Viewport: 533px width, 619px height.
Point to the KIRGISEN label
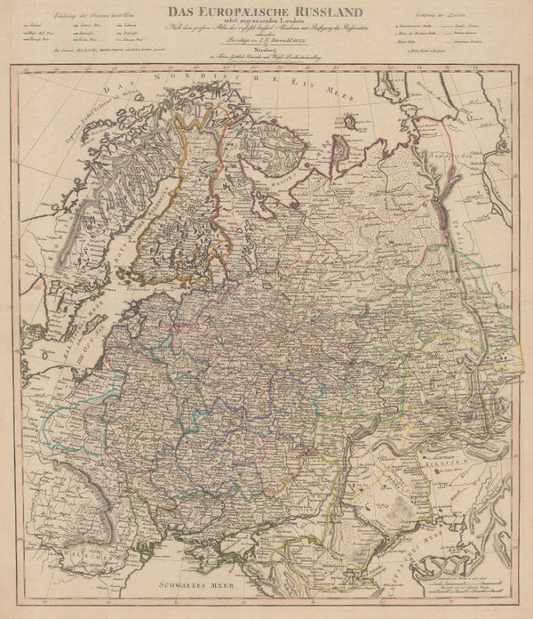pyautogui.click(x=465, y=464)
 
